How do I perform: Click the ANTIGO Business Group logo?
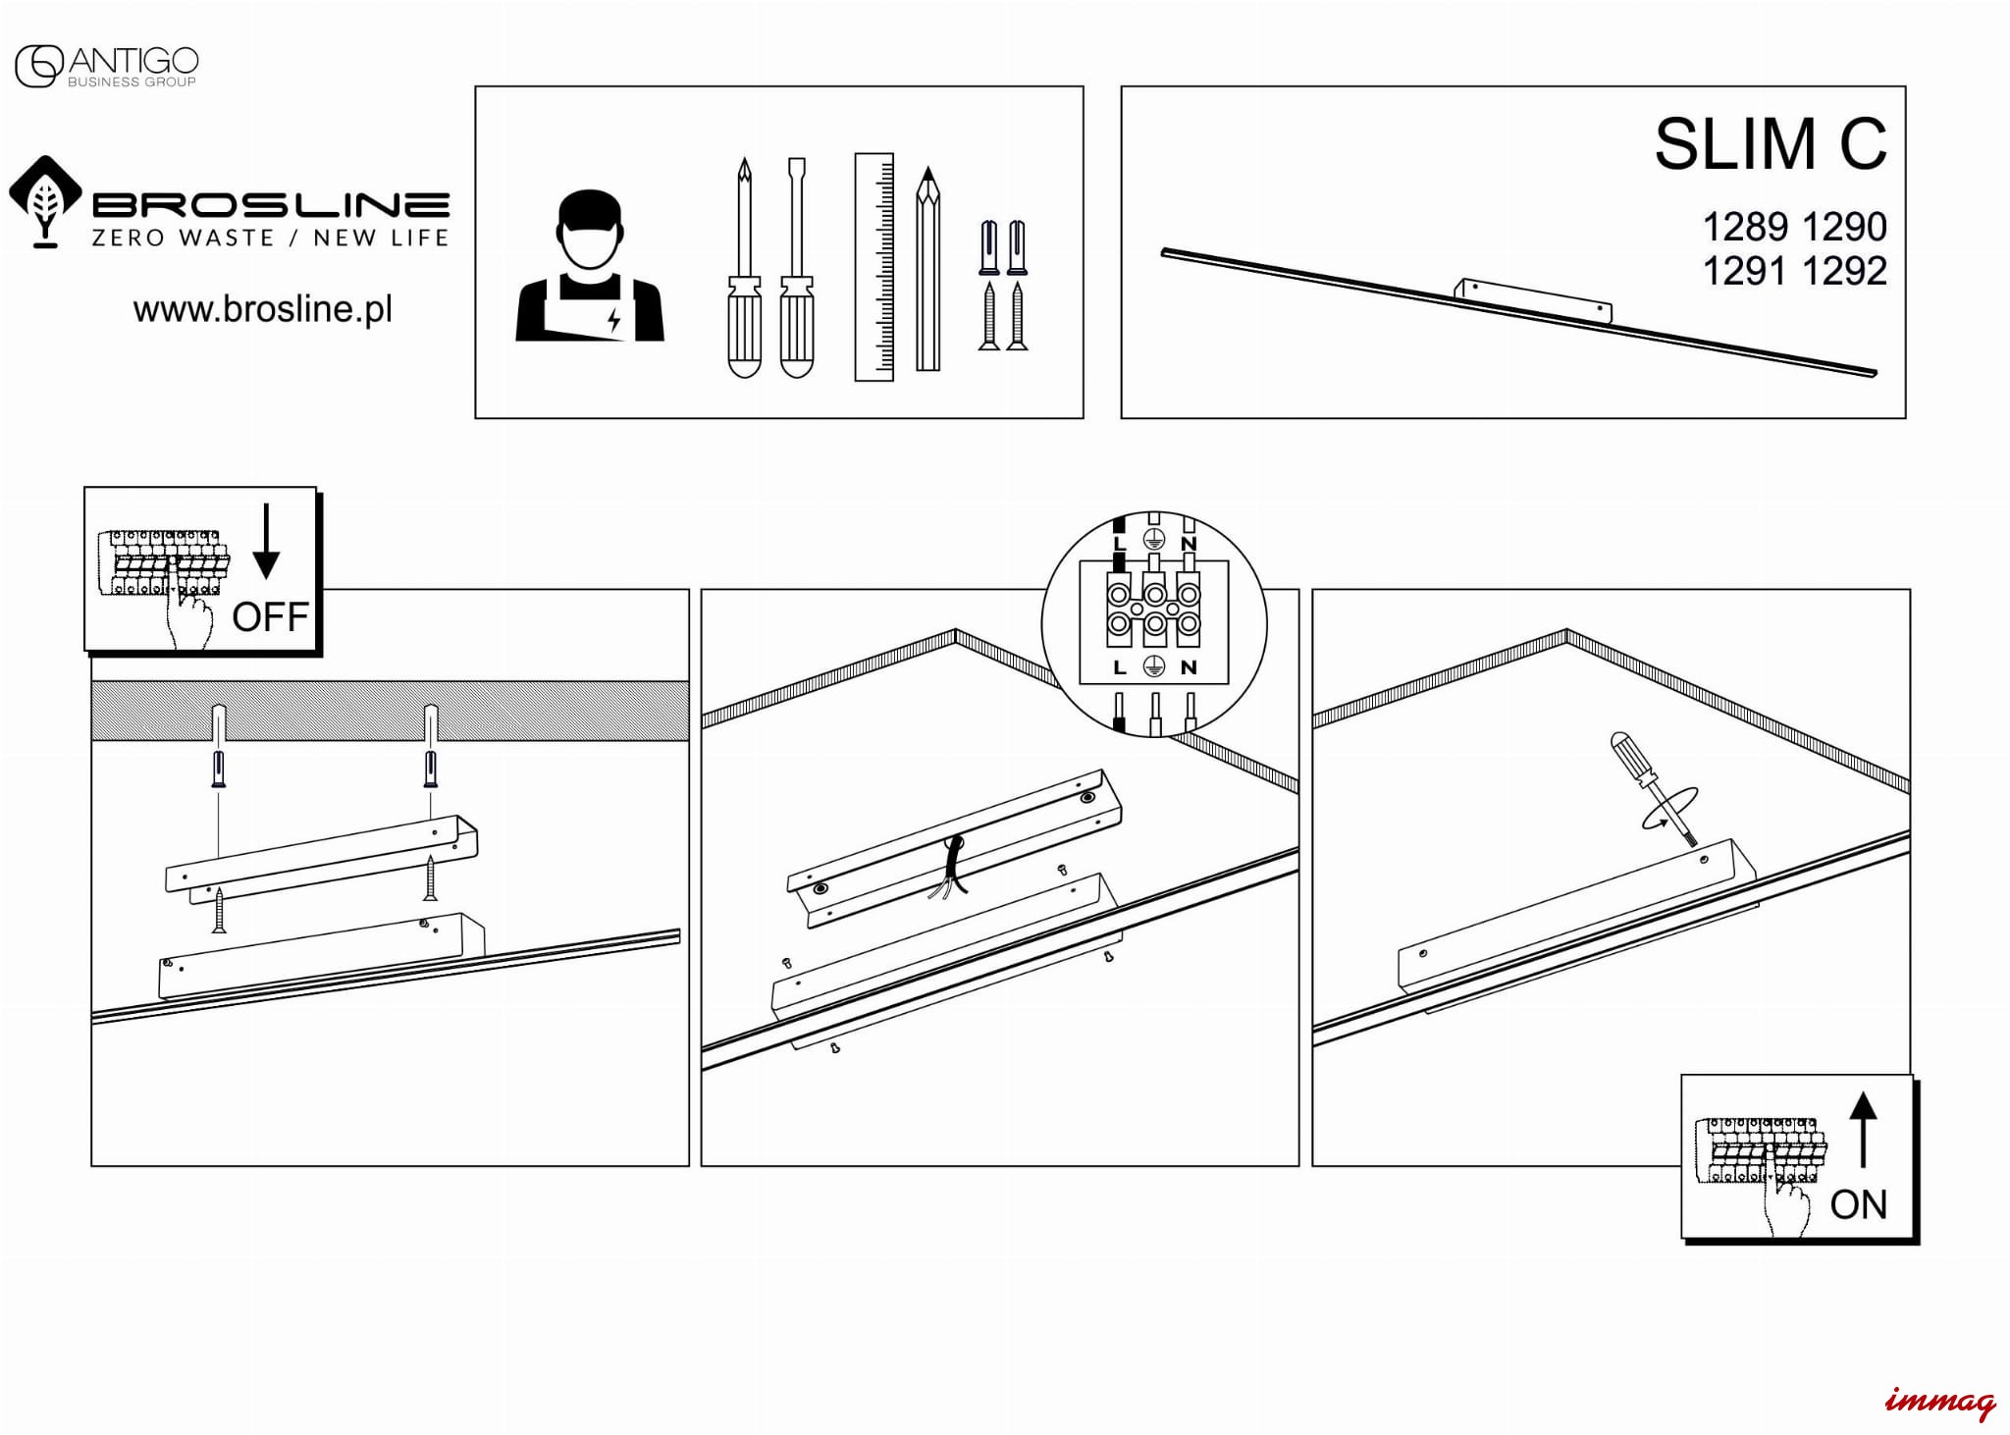(x=106, y=66)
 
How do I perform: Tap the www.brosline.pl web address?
(x=262, y=309)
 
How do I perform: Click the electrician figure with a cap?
(x=590, y=267)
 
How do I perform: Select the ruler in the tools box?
(x=873, y=266)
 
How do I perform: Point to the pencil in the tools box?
(x=927, y=269)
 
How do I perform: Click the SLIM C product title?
(x=1770, y=144)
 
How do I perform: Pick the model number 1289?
(x=1744, y=228)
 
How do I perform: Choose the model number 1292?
(x=1844, y=271)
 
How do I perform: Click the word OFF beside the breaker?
(x=270, y=617)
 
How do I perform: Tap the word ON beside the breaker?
(x=1858, y=1204)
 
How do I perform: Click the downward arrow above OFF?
(x=266, y=542)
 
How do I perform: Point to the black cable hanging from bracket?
(x=953, y=865)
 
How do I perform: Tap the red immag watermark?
(x=1939, y=1402)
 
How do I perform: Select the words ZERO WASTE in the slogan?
(x=183, y=238)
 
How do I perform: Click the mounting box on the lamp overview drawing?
(x=1533, y=299)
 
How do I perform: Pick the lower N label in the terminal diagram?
(x=1189, y=667)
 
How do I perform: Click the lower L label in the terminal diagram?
(x=1119, y=667)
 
